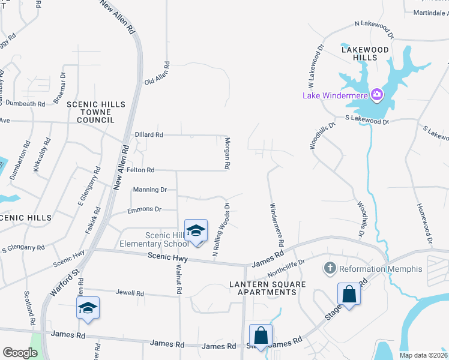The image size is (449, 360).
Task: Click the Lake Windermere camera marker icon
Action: pos(377,94)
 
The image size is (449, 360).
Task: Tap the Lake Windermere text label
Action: pos(336,95)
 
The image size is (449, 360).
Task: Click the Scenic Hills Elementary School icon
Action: pos(196,231)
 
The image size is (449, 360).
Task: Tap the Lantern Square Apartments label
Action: pos(263,287)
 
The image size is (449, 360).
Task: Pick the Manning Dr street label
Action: pos(150,189)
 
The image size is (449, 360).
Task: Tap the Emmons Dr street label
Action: pos(145,209)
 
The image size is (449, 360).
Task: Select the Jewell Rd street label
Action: pos(131,293)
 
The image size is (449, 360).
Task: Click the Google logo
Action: pos(20,353)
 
